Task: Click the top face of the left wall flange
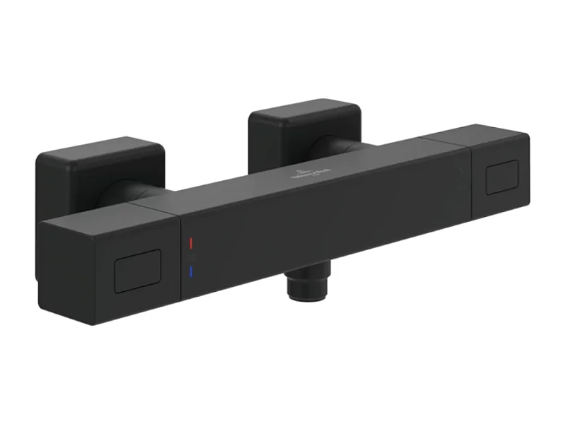pos(99,146)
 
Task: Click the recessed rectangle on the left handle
pos(137,271)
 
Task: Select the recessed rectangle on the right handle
pos(502,177)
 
